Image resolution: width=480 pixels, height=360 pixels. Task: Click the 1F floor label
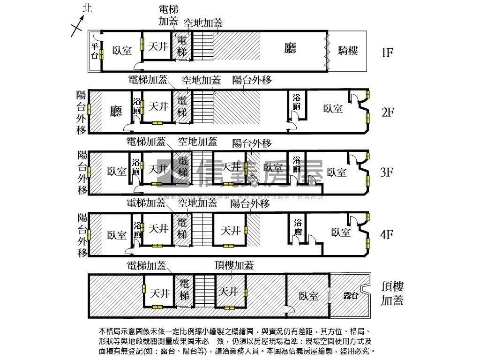pyautogui.click(x=387, y=52)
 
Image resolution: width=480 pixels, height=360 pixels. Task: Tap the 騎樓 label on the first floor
pyautogui.click(x=348, y=51)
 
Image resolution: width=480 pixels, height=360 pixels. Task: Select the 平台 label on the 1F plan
pyautogui.click(x=95, y=51)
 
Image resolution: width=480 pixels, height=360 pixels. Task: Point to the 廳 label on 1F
pyautogui.click(x=291, y=48)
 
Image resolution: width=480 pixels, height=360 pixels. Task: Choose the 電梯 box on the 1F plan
pyautogui.click(x=182, y=46)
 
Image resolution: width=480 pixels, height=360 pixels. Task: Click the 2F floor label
pyautogui.click(x=387, y=112)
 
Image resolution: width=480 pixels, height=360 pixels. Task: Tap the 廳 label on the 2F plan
pyautogui.click(x=116, y=111)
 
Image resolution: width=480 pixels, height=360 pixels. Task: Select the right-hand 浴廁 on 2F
pyautogui.click(x=296, y=102)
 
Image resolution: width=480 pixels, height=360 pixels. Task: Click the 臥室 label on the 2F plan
pyautogui.click(x=333, y=109)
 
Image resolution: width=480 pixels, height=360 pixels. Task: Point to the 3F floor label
pyautogui.click(x=386, y=172)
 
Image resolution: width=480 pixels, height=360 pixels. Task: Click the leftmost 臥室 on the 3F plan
pyautogui.click(x=116, y=172)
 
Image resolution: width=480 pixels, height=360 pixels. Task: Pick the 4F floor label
pyautogui.click(x=386, y=234)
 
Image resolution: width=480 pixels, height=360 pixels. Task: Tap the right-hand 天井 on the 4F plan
pyautogui.click(x=231, y=231)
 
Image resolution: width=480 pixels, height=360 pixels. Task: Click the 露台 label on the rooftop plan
pyautogui.click(x=351, y=295)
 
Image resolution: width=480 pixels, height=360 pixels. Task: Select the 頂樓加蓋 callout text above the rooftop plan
pyautogui.click(x=234, y=265)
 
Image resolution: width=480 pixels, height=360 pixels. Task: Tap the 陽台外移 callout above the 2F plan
pyautogui.click(x=252, y=80)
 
